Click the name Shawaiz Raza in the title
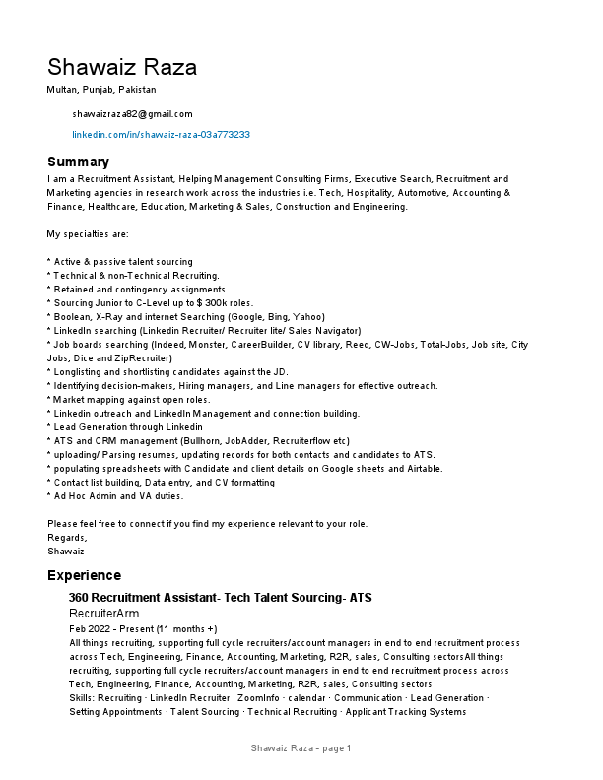(122, 67)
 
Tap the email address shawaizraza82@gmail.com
(132, 114)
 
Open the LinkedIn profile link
(161, 134)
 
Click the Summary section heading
(78, 162)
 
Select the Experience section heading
(84, 575)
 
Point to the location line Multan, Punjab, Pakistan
(100, 90)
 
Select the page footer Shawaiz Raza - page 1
(301, 749)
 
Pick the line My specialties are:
(88, 234)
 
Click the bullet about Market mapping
(129, 400)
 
